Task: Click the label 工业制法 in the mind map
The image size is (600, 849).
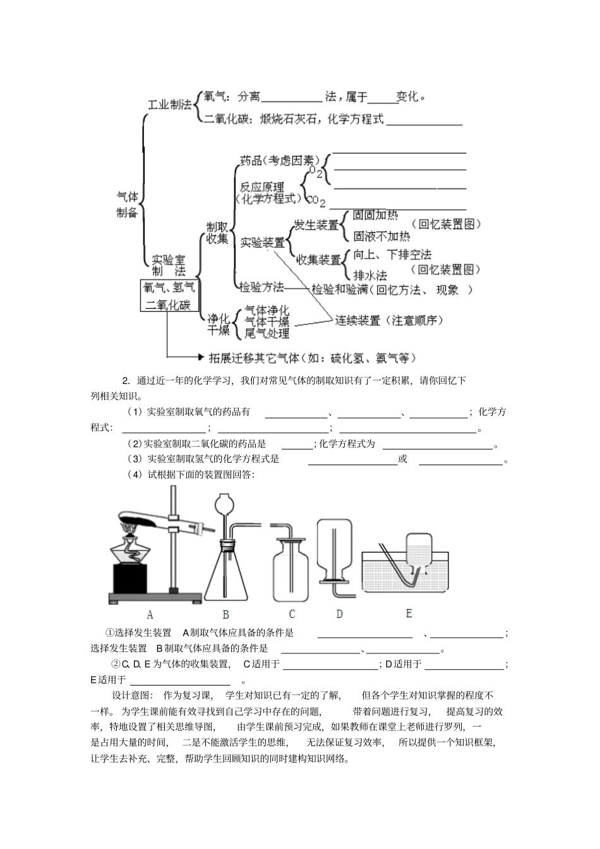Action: click(169, 105)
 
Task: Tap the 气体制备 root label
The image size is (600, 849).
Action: click(127, 205)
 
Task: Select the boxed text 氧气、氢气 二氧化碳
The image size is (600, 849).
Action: click(168, 296)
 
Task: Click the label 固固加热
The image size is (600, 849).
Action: click(375, 215)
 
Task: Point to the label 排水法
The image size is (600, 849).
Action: click(370, 275)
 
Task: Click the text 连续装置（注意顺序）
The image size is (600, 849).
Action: click(388, 320)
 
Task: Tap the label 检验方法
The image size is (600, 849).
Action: click(261, 287)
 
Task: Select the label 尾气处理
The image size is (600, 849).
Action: click(267, 333)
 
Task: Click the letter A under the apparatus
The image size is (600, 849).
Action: click(150, 614)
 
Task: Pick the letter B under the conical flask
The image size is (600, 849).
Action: click(225, 614)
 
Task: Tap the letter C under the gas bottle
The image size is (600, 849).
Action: click(292, 614)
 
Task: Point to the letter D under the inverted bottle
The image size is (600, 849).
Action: click(339, 614)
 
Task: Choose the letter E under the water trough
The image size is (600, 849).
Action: click(409, 613)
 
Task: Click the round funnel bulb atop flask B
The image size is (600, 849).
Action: click(225, 504)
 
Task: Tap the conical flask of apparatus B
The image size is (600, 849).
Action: click(225, 574)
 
